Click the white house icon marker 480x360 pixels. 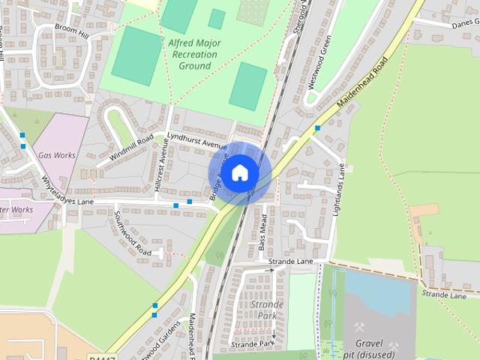coord(239,172)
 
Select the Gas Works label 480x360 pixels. coord(56,154)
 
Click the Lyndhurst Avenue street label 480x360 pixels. coord(197,140)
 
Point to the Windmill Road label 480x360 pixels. coord(130,147)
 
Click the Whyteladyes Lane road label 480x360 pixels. coord(68,191)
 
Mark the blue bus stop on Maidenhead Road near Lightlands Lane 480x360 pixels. coord(318,128)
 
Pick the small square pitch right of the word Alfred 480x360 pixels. coord(217,19)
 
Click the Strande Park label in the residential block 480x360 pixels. coord(268,310)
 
